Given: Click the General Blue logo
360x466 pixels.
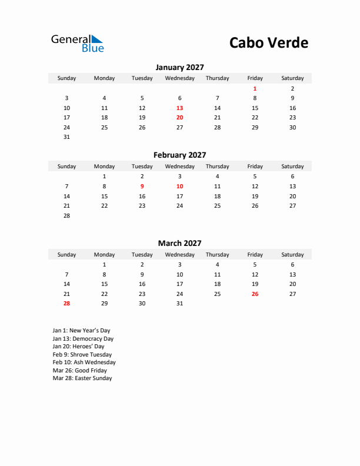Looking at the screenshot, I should [x=77, y=43].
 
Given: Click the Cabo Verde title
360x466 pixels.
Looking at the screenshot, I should [x=268, y=43].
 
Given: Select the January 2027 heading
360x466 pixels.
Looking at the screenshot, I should [x=179, y=68].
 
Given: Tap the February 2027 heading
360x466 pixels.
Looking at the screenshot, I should [x=179, y=155].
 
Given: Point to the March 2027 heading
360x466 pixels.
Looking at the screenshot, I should [x=179, y=243].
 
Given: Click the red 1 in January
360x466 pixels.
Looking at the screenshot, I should [x=255, y=88].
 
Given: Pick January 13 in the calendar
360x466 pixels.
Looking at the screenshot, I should [x=179, y=108].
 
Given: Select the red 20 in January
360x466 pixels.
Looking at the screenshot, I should [x=179, y=118].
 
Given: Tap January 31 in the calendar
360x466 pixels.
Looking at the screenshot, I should [x=66, y=137].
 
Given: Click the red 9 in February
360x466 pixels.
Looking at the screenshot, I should [x=142, y=186].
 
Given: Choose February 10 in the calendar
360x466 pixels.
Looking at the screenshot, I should [x=179, y=186].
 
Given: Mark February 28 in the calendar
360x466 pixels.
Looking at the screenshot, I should [x=66, y=216].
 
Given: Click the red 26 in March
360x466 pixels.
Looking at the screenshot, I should [x=255, y=294].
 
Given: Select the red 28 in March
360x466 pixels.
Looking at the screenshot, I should [x=66, y=304].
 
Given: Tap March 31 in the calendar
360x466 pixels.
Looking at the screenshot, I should [x=179, y=304].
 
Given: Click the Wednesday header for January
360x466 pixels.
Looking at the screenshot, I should [x=179, y=78].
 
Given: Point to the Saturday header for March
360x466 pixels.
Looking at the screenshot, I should [x=292, y=255].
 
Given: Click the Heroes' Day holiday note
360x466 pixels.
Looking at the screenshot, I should [x=78, y=347].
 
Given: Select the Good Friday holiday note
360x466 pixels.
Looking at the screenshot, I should [x=79, y=371].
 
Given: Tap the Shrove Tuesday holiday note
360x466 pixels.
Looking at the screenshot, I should [x=82, y=355].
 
